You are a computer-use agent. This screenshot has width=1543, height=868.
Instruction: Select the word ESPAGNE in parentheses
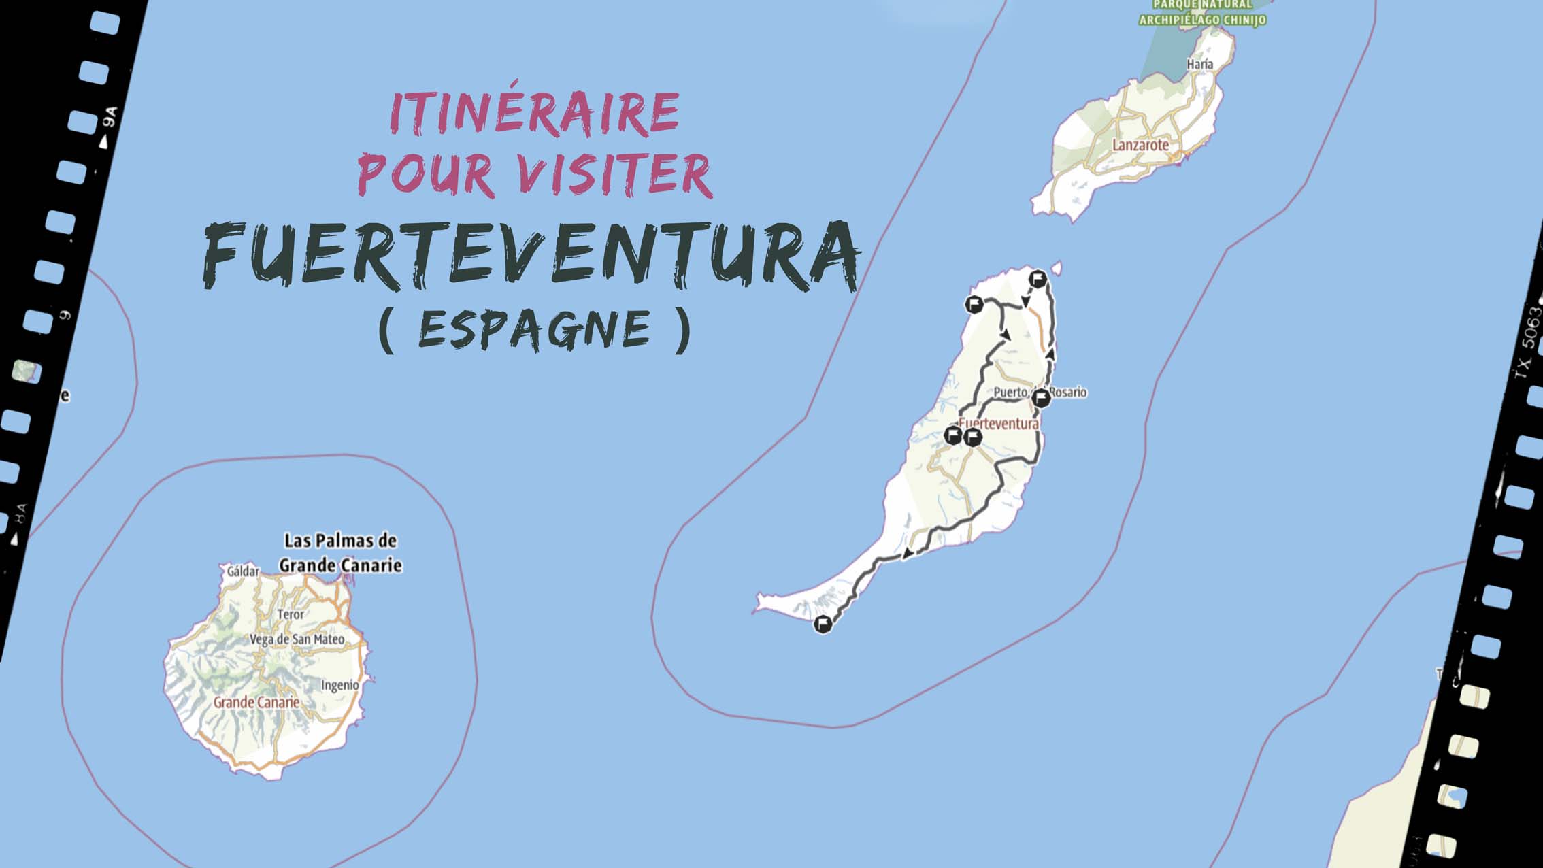(x=535, y=330)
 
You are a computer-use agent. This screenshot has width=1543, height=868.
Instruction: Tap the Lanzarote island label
(x=1140, y=145)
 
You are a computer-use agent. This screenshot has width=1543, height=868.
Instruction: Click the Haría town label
(x=1199, y=64)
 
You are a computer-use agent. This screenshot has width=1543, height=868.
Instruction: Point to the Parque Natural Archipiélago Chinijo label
(x=1202, y=14)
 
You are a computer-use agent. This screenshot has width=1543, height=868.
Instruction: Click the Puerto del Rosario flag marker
(x=1041, y=398)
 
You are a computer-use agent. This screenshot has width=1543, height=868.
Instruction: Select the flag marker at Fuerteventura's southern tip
(x=823, y=623)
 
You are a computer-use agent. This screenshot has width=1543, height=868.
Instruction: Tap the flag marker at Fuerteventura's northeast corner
(x=1037, y=278)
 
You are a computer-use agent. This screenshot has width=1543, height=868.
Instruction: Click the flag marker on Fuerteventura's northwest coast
(x=974, y=304)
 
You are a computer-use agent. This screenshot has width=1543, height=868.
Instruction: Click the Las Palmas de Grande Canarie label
(x=340, y=553)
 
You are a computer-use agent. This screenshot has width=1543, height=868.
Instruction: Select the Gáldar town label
(x=243, y=571)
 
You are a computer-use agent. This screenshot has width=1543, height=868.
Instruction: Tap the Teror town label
(x=291, y=614)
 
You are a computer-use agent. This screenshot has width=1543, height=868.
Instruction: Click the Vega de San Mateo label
(x=297, y=639)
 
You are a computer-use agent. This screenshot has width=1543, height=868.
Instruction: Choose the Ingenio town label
(x=339, y=685)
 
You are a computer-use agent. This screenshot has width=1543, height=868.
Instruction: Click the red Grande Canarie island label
(x=256, y=702)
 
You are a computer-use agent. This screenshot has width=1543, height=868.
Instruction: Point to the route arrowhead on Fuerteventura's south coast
(x=907, y=555)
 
